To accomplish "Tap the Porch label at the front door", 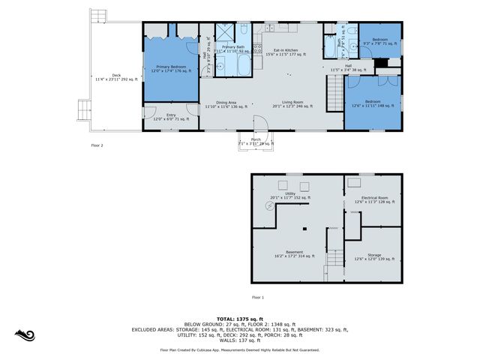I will coord(256,141).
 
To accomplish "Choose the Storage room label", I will coord(373,256).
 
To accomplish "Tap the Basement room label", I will coord(295,253).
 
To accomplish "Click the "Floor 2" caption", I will coord(97,145).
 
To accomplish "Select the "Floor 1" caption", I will coord(258,298).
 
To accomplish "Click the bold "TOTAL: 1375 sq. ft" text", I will coord(239,318).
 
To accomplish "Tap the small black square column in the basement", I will coord(305,229).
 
